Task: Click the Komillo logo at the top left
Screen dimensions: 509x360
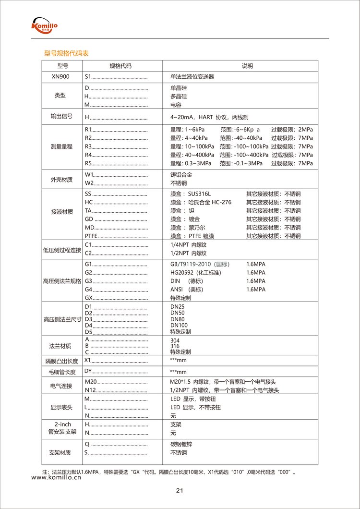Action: pos(44,25)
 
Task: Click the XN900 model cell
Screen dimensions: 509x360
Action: pos(60,76)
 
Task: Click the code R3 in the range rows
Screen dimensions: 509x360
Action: pos(88,146)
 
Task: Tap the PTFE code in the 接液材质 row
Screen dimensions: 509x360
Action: pos(91,236)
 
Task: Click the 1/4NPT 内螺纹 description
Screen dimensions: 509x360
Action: pos(189,245)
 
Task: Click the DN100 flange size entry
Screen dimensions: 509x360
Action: pos(179,325)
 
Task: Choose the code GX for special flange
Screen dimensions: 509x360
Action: pos(88,298)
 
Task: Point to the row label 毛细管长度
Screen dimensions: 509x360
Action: pos(61,372)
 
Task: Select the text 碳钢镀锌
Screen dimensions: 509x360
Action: pos(181,444)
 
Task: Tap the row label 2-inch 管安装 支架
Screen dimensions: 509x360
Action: pos(63,428)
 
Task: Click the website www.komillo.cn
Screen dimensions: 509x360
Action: pos(56,478)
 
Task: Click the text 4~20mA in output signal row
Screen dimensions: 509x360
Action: pos(181,117)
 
